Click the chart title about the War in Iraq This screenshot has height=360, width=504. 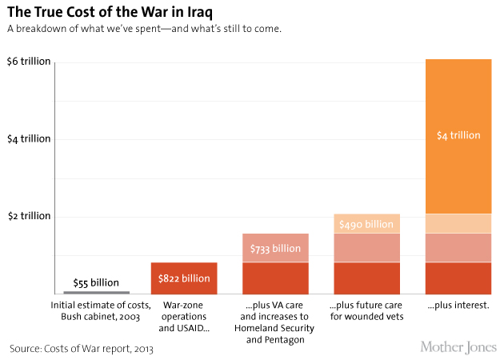(110, 13)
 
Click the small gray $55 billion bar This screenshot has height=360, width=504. (96, 292)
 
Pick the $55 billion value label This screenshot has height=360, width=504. (96, 282)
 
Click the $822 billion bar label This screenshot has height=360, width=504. (184, 278)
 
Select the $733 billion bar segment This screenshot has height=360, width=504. (275, 248)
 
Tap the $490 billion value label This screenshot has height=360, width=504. (366, 224)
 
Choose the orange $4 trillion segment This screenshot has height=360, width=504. (458, 136)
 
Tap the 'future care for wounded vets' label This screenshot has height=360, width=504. (366, 311)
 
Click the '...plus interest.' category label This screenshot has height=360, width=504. (458, 306)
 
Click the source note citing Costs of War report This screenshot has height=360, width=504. (81, 349)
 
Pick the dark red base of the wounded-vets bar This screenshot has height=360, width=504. (366, 278)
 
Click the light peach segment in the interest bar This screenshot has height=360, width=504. (458, 223)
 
